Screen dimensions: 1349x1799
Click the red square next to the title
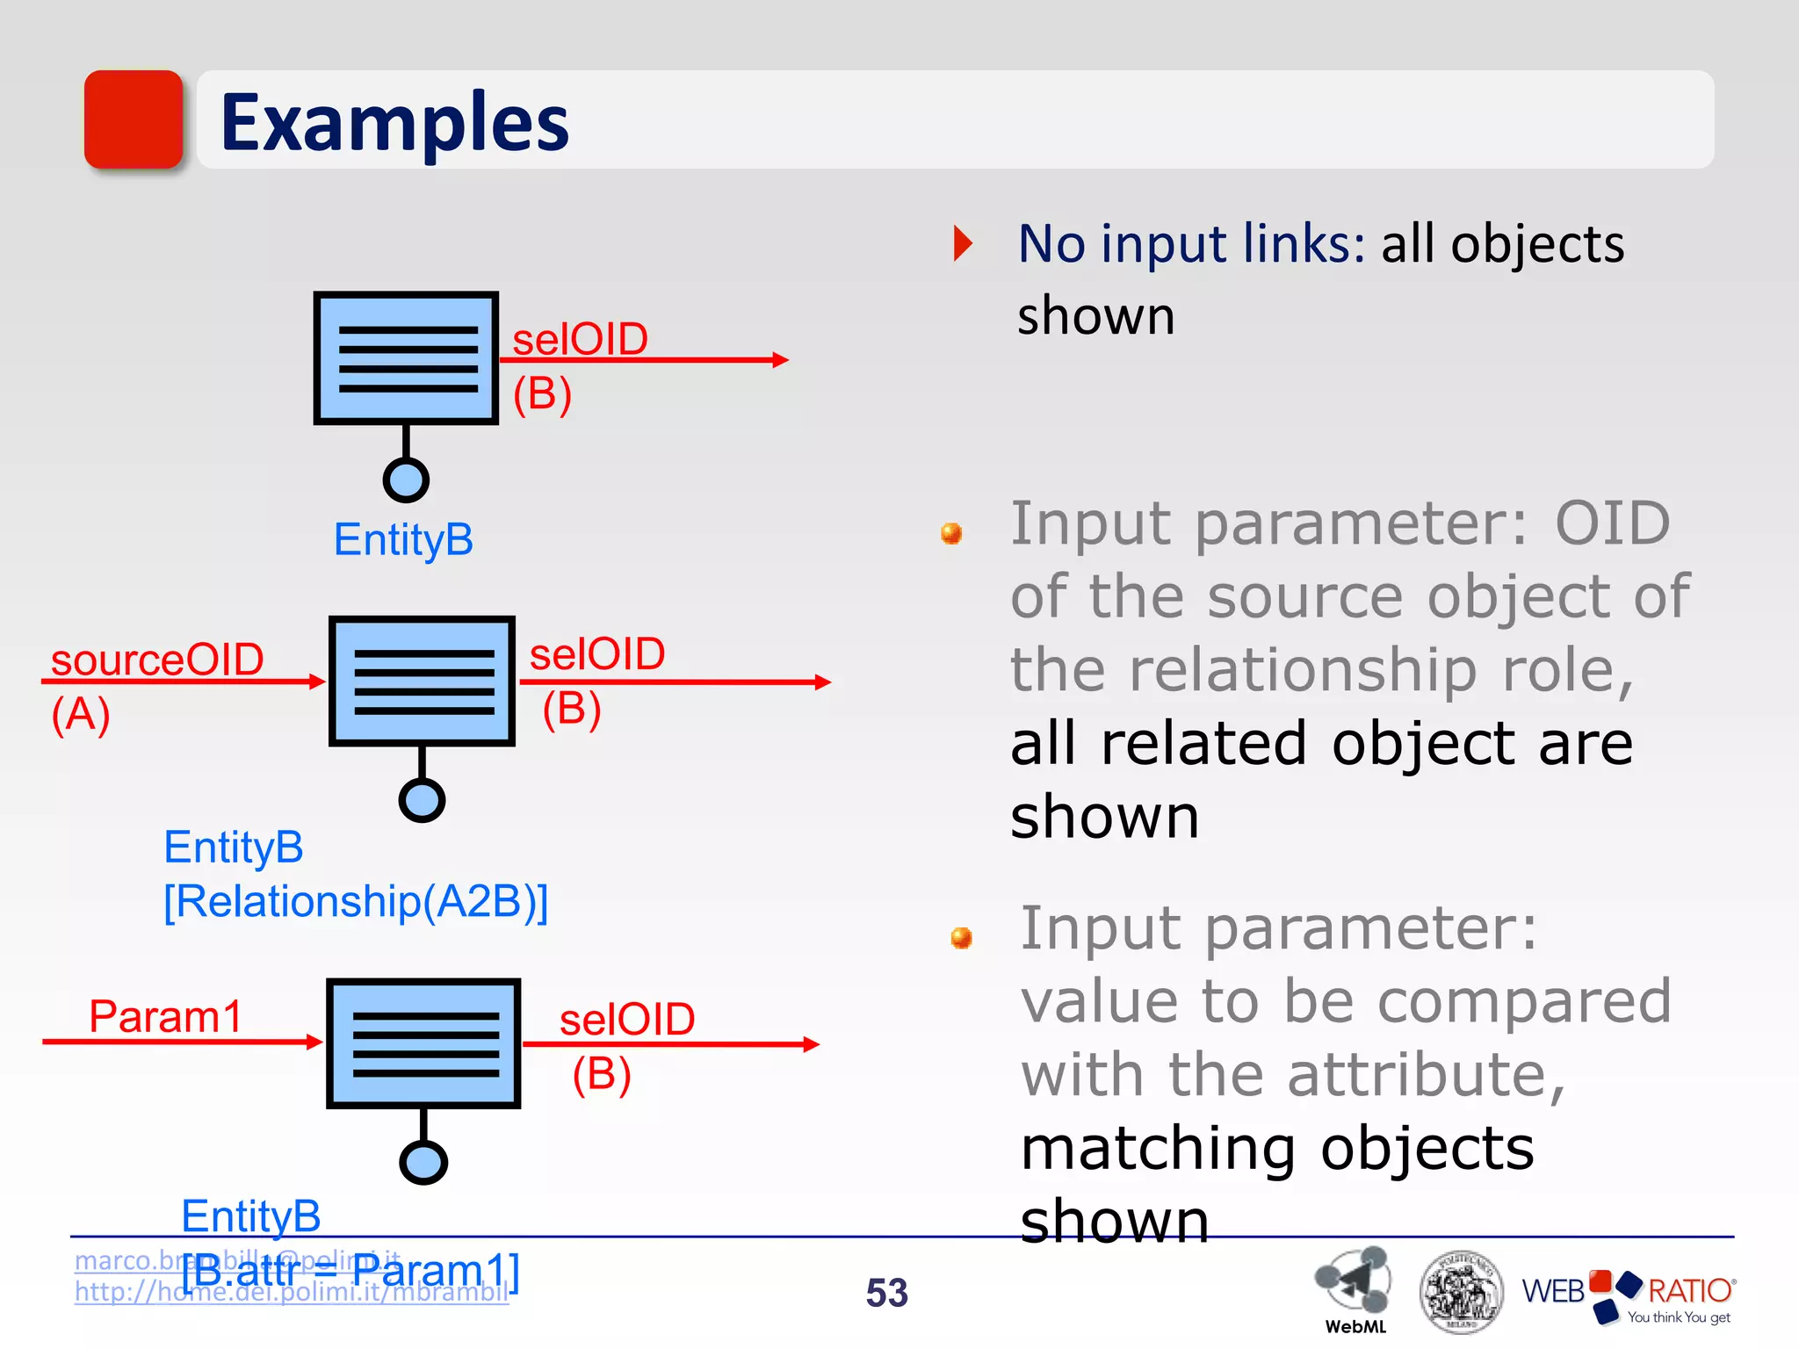134,119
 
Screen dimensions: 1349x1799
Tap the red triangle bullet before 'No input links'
963,243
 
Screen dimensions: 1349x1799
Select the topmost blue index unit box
406,358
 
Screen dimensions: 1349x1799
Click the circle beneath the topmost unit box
406,480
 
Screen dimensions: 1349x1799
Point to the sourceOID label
157,659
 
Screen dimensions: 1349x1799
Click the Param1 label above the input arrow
165,1016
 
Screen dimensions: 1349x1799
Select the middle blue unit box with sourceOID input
422,682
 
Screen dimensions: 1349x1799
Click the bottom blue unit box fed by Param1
423,1043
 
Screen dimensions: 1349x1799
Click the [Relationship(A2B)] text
356,901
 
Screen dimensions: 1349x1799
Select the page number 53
886,1292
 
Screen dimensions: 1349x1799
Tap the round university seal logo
1460,1292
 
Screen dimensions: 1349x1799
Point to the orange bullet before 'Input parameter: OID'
950,533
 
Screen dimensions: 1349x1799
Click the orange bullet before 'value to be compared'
961,937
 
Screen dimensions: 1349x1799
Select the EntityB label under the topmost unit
403,539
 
